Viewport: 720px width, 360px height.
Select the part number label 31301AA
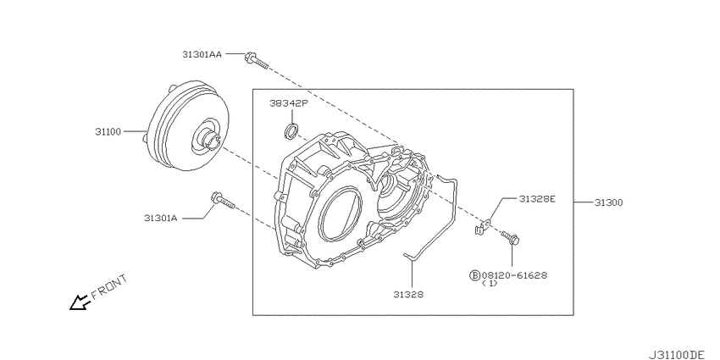[x=201, y=54]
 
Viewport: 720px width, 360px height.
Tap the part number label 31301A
[x=160, y=218]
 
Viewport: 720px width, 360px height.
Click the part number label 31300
[x=608, y=203]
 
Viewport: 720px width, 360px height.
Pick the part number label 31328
[x=407, y=294]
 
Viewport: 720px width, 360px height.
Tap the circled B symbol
[x=474, y=275]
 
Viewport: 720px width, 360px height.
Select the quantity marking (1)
[x=490, y=285]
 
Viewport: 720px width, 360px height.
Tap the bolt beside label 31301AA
[x=255, y=59]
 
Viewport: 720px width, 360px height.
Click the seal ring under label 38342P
[x=291, y=130]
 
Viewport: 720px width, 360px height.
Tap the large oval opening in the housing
[x=341, y=216]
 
